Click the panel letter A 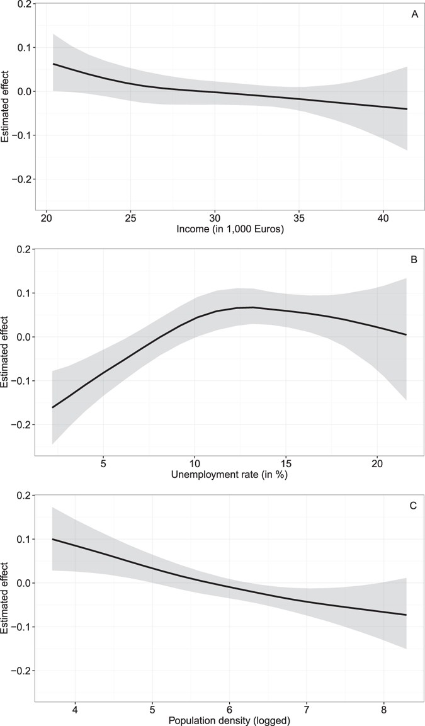tap(414, 14)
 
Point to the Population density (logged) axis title tap(230, 718)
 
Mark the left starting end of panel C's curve tap(52, 539)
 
